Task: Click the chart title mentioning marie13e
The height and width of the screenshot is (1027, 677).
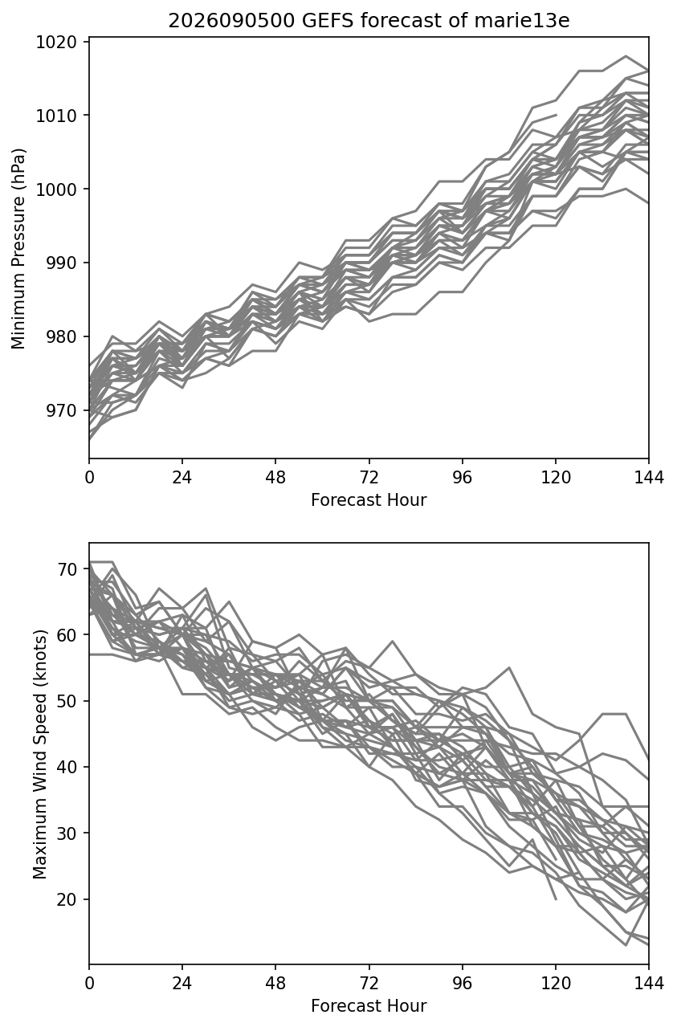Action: point(369,21)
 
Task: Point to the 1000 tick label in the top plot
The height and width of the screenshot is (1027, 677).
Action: point(56,189)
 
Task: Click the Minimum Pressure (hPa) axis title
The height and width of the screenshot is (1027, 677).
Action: point(18,248)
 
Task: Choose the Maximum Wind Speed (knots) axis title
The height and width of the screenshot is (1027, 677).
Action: point(40,754)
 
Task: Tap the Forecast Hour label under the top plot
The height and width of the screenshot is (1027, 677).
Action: point(369,499)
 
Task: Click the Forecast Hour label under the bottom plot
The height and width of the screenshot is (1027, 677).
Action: point(369,1006)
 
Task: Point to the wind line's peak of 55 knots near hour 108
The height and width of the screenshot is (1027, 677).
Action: point(509,667)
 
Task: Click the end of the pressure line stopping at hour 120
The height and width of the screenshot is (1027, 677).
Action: point(556,115)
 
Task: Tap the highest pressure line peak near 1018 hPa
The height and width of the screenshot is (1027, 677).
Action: point(626,56)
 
